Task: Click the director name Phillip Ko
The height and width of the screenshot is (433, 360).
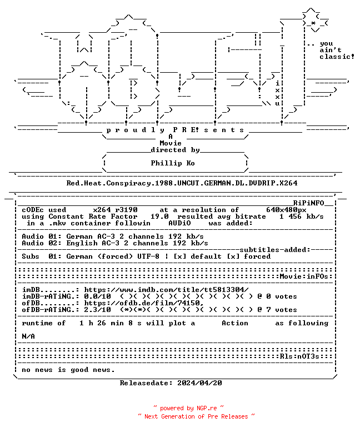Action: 173,163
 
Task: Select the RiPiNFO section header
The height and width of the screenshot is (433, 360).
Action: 308,203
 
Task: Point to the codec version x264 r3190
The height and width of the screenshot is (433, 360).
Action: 115,210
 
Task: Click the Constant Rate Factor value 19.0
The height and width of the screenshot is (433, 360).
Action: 159,216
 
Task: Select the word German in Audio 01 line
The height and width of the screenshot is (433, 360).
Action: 79,236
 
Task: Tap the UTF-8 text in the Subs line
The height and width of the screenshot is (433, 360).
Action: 148,256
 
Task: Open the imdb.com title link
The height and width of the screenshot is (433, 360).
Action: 166,290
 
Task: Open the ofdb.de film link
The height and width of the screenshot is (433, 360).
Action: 144,303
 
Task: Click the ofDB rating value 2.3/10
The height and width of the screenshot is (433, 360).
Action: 98,310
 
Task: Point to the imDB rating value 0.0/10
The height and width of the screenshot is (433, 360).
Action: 98,296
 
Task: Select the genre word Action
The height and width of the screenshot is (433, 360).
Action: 235,323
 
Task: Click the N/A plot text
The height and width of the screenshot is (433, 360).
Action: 28,336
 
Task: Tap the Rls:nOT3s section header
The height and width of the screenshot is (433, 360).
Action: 299,356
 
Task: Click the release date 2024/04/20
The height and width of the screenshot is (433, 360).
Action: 199,383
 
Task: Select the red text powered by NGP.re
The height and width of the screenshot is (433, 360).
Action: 188,408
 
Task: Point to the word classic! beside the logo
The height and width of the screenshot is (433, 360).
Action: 337,57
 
